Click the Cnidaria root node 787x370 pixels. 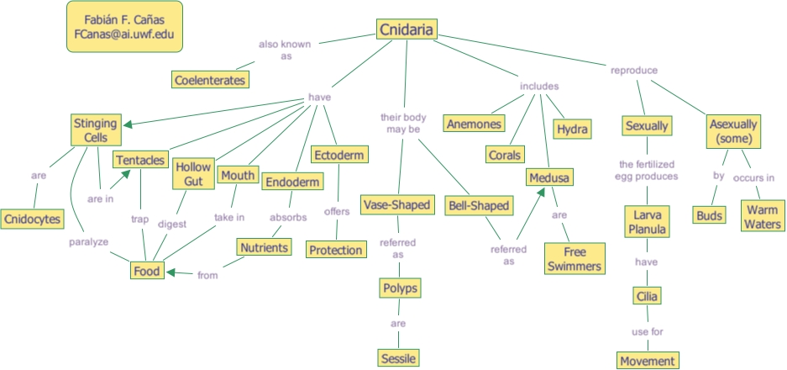pos(407,30)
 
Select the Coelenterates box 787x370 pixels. pos(210,80)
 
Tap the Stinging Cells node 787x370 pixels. pos(95,130)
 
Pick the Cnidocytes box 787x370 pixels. pos(32,219)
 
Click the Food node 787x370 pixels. pos(146,271)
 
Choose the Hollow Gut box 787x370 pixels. pos(192,175)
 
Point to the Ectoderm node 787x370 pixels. pos(336,155)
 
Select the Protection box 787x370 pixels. pos(335,250)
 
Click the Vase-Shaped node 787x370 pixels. pos(396,204)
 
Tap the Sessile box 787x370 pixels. pos(397,357)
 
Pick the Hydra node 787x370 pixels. pos(572,129)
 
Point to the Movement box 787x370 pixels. pos(647,361)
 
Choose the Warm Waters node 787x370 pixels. pos(761,214)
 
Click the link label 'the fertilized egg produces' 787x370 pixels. pos(647,171)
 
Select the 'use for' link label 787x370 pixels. pos(647,331)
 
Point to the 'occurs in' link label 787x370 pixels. pos(753,177)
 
